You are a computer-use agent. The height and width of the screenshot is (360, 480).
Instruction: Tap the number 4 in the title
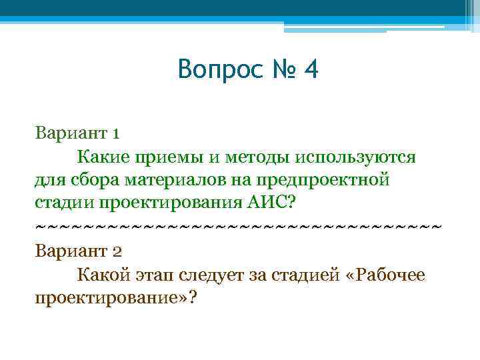tap(310, 70)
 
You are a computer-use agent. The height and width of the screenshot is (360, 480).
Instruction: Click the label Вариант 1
tap(77, 133)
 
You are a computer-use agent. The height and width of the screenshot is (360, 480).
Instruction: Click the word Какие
tap(105, 157)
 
